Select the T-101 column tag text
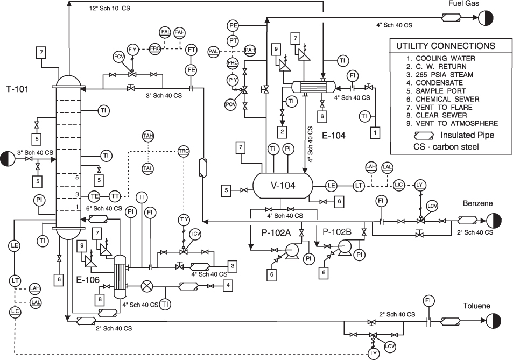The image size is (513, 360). click(17, 88)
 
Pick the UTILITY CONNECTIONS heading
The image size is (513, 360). click(445, 46)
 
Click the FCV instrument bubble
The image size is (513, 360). click(118, 56)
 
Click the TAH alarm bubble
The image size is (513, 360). click(147, 136)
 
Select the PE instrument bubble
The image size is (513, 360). click(233, 25)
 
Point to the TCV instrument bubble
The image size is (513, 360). click(195, 233)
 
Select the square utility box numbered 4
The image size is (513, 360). click(228, 284)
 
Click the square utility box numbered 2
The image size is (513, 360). click(282, 131)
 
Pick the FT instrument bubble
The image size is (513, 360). click(191, 50)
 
